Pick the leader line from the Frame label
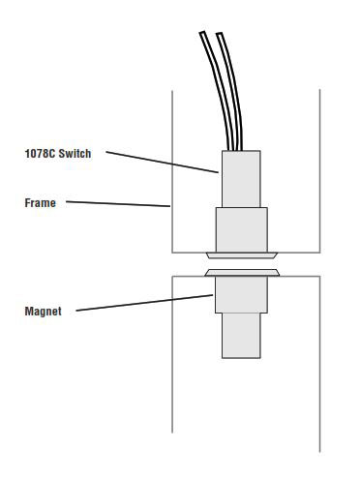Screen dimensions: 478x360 point(116,204)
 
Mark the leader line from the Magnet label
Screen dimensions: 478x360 point(145,303)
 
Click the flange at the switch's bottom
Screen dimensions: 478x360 point(241,255)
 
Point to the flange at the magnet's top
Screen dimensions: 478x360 point(241,273)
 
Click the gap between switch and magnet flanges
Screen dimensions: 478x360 point(241,264)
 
